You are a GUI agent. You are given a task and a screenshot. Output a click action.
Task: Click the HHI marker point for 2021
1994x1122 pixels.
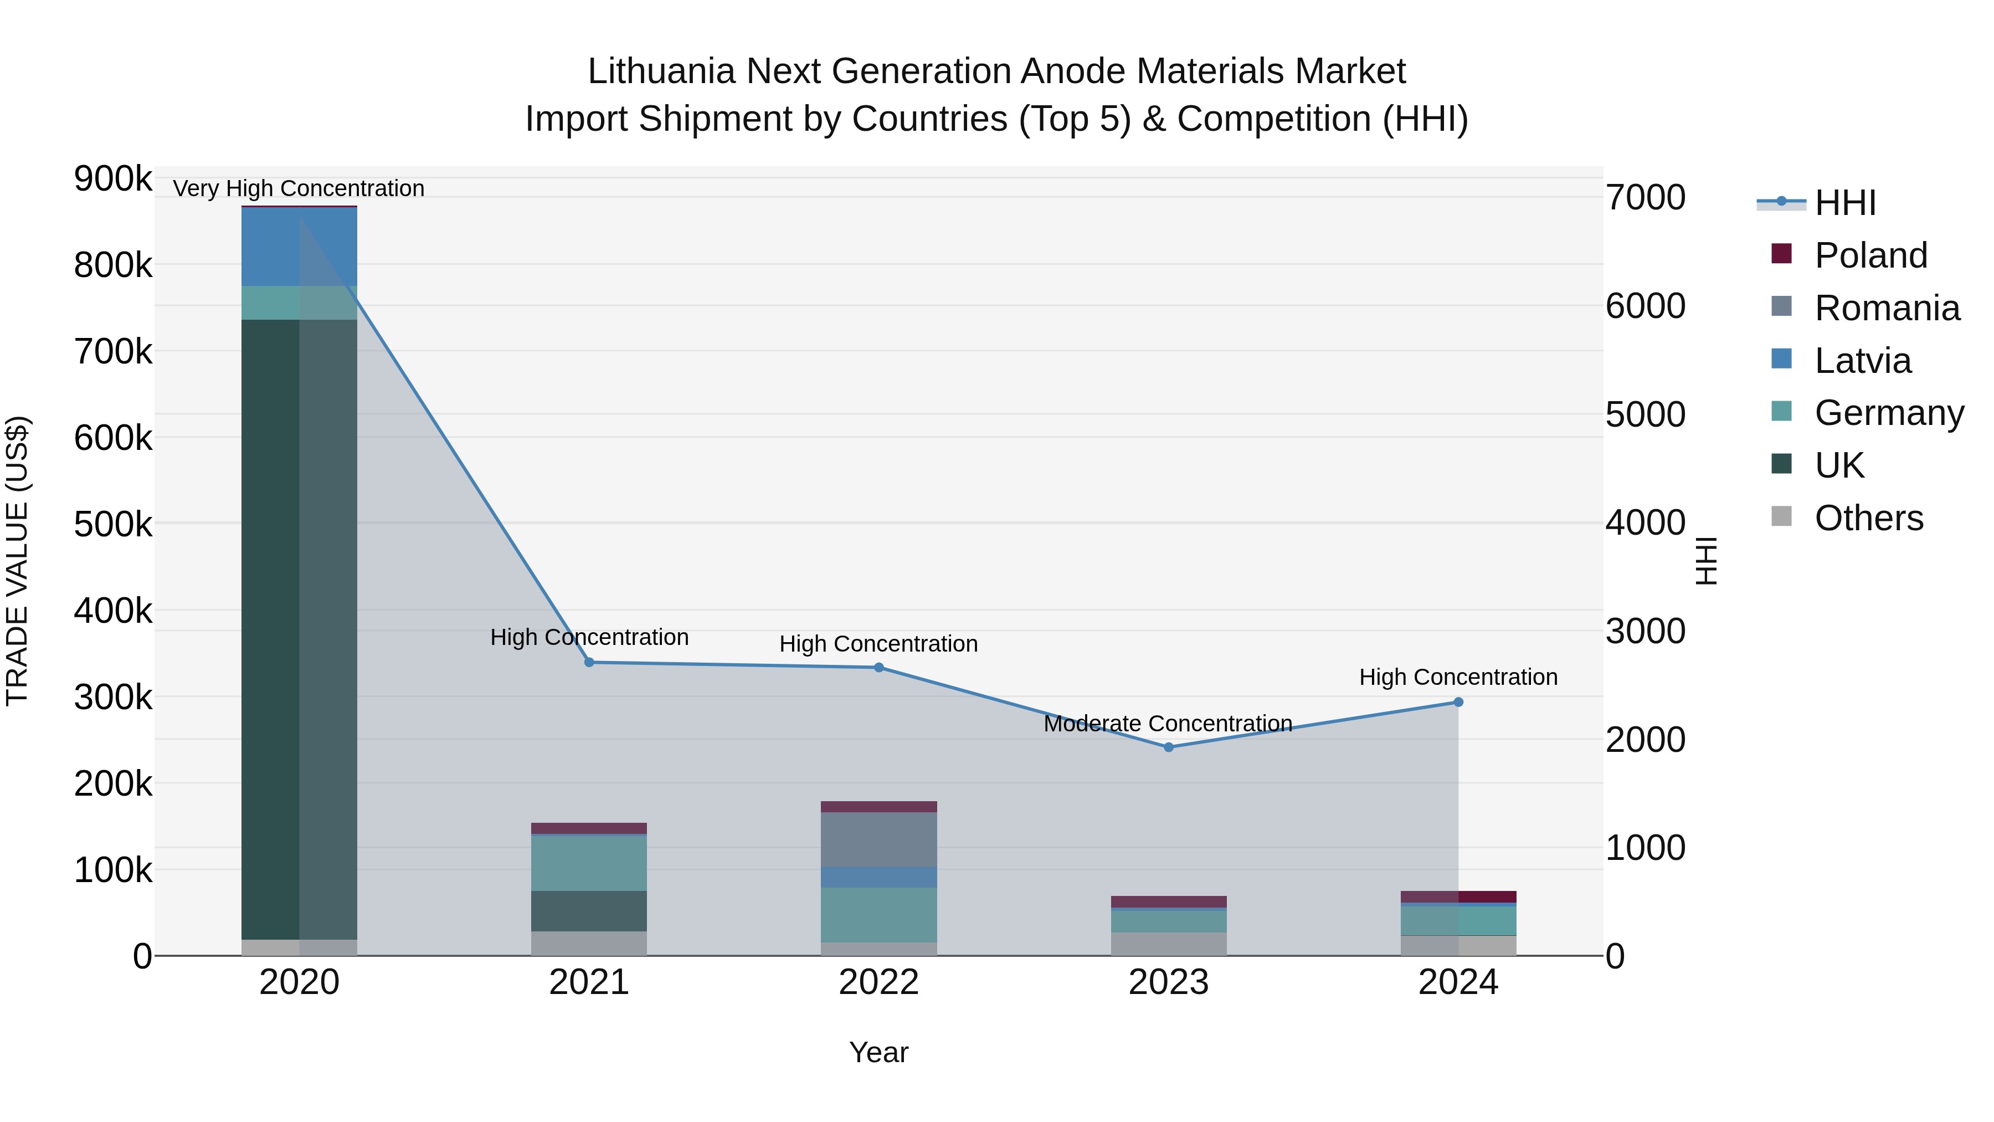(589, 662)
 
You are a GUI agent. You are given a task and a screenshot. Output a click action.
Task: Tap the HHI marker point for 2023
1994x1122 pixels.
(1169, 747)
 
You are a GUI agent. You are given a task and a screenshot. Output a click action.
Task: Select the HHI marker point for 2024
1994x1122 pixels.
(1458, 703)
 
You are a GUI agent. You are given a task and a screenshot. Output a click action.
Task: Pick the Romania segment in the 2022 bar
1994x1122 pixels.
(878, 839)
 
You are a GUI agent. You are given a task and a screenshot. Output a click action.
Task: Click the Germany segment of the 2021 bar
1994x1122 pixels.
(589, 863)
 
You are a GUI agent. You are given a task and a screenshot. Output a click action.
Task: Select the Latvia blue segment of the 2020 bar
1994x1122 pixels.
(299, 246)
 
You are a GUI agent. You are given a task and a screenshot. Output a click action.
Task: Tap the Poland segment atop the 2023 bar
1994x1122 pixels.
(1169, 901)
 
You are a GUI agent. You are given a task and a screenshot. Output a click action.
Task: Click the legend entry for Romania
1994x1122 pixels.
(1887, 308)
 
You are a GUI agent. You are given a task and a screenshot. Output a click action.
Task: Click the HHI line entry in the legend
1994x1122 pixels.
(1844, 203)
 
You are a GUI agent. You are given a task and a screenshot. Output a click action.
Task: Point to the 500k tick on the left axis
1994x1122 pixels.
(113, 524)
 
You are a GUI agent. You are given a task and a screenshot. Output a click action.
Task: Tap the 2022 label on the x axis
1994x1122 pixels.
(878, 982)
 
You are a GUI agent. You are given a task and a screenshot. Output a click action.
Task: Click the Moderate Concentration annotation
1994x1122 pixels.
(1168, 723)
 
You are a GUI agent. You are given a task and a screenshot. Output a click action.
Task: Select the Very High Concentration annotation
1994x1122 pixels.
(299, 188)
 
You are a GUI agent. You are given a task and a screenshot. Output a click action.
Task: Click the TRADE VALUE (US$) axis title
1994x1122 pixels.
(17, 561)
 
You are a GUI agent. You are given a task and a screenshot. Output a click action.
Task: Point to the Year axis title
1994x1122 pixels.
(878, 1052)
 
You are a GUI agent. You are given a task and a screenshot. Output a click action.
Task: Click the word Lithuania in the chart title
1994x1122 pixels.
(661, 71)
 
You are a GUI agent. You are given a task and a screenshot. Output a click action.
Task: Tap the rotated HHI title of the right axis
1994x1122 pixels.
(1706, 561)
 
